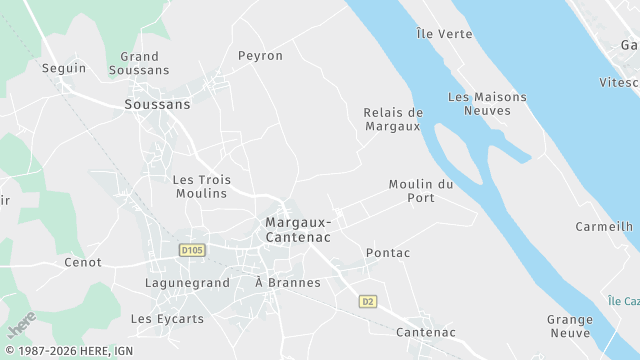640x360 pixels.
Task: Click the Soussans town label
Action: point(157,104)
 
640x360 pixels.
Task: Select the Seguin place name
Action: point(64,69)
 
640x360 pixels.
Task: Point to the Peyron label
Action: point(260,56)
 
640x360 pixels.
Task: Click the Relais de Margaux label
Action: point(393,119)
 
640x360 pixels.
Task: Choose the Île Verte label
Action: point(444,34)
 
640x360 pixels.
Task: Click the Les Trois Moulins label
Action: point(202,187)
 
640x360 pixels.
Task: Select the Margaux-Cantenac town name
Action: point(299,229)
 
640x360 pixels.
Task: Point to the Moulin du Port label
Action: point(421,191)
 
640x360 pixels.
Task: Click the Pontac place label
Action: point(388,253)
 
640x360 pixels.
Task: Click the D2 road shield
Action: point(368,301)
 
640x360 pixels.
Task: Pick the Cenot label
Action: point(82,262)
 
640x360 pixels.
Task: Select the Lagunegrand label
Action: point(187,283)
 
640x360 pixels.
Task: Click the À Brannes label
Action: point(288,283)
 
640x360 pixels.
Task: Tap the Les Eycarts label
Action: point(167,319)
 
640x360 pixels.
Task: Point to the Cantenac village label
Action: point(426,332)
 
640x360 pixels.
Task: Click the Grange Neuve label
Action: point(570,326)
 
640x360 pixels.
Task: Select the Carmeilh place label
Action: point(604,227)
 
